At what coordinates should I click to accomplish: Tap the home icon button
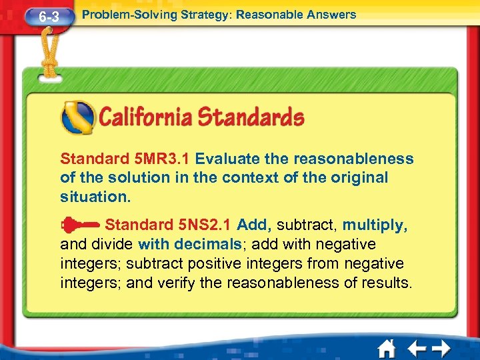(x=385, y=348)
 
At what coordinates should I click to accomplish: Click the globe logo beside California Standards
(x=77, y=117)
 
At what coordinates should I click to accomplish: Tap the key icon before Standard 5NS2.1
(x=79, y=225)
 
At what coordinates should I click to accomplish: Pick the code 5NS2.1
(x=199, y=225)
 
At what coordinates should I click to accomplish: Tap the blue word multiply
(x=374, y=225)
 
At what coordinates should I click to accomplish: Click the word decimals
(x=206, y=244)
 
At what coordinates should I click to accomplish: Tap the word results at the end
(x=387, y=283)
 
